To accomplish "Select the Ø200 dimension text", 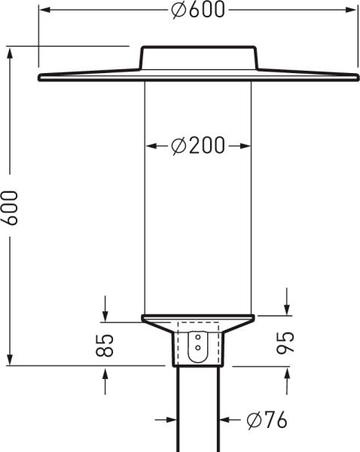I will pyautogui.click(x=197, y=146).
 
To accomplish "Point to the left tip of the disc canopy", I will pyautogui.click(x=38, y=77).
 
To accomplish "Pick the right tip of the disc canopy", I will pyautogui.click(x=357, y=76).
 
